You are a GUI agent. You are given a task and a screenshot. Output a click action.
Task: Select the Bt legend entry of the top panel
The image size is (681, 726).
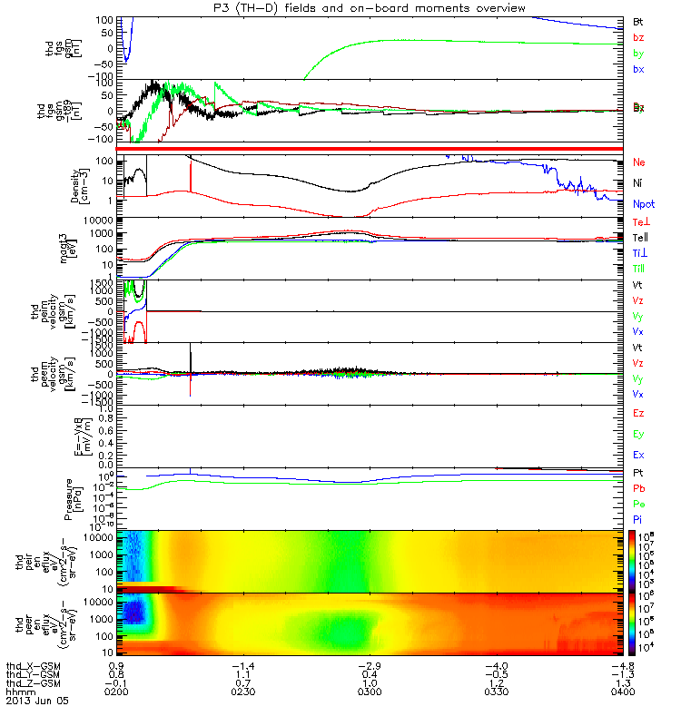tap(638, 20)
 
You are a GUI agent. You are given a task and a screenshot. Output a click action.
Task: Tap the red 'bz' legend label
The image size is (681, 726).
tap(638, 36)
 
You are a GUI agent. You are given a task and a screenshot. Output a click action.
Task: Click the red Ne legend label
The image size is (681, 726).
tap(639, 162)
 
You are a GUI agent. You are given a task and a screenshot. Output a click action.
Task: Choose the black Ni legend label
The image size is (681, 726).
tap(638, 183)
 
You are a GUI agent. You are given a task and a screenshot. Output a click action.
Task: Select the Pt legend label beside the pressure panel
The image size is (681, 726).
tap(638, 474)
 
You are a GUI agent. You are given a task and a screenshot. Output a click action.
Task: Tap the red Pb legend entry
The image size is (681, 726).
tap(638, 488)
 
